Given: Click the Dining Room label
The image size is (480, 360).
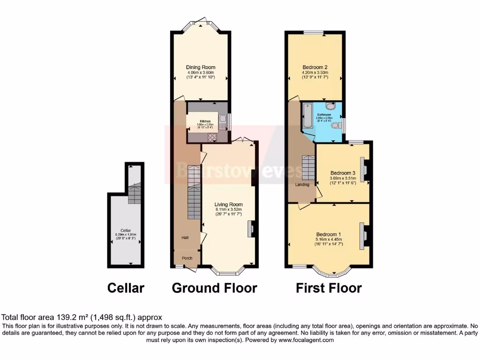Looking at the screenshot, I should point(201,67).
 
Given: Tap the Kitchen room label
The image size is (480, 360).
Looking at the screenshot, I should point(206,121).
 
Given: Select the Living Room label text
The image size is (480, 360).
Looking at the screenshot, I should point(229,204).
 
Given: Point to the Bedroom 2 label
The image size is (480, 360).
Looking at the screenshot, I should point(315,67).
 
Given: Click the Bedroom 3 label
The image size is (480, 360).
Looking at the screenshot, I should point(343,172).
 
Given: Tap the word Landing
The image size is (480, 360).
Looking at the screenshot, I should point(302,185).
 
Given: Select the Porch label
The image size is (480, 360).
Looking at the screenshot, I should point(187,258).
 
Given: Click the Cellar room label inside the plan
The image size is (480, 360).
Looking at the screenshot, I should point(126,230).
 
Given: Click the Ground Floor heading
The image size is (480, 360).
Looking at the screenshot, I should point(214,288).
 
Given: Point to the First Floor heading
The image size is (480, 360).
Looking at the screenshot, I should point(329,288).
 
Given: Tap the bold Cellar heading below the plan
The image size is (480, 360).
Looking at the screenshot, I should point(126,288).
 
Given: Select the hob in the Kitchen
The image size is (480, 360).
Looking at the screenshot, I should point(211,137).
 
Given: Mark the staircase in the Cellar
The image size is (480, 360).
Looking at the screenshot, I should point(134,193).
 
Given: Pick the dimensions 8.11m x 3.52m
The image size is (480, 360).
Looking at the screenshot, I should point(228,210).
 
